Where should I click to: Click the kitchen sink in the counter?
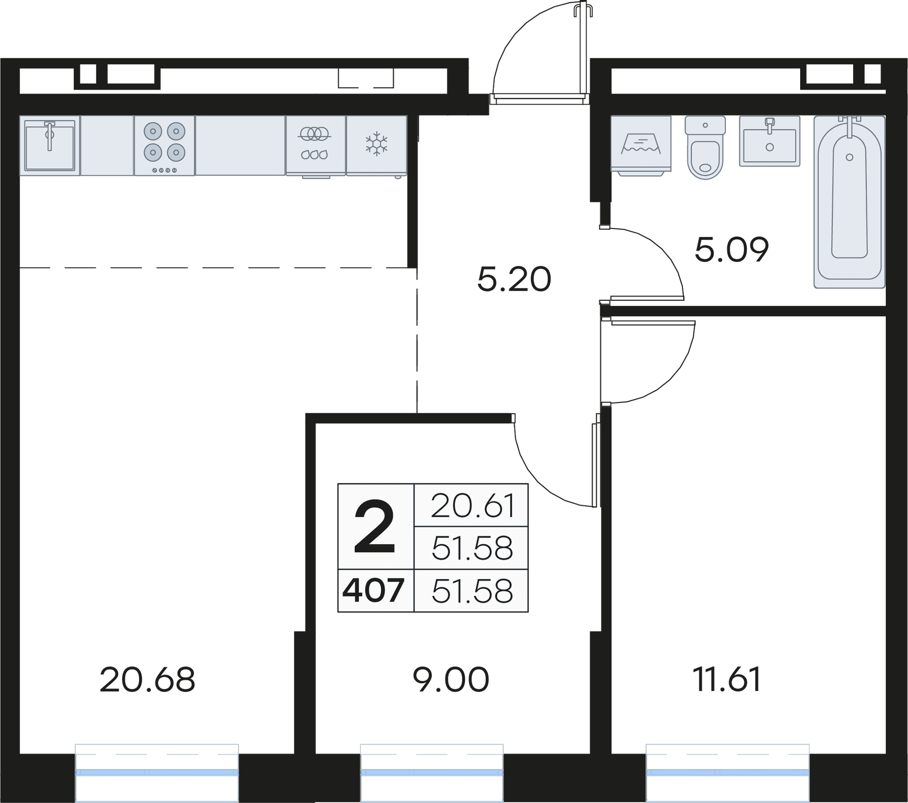click(50, 145)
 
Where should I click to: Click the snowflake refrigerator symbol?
click(376, 144)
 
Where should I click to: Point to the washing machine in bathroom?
click(641, 144)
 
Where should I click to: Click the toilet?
click(705, 148)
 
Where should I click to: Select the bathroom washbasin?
click(769, 141)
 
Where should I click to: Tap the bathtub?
click(849, 202)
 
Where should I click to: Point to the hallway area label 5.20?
click(514, 279)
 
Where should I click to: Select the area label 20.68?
click(147, 680)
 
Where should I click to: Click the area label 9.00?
click(451, 680)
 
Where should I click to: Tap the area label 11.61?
click(726, 680)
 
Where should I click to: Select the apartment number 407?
click(374, 591)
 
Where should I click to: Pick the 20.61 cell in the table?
click(471, 506)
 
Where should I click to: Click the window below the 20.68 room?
click(157, 772)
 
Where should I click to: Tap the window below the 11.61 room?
click(727, 772)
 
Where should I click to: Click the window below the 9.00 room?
click(432, 772)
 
